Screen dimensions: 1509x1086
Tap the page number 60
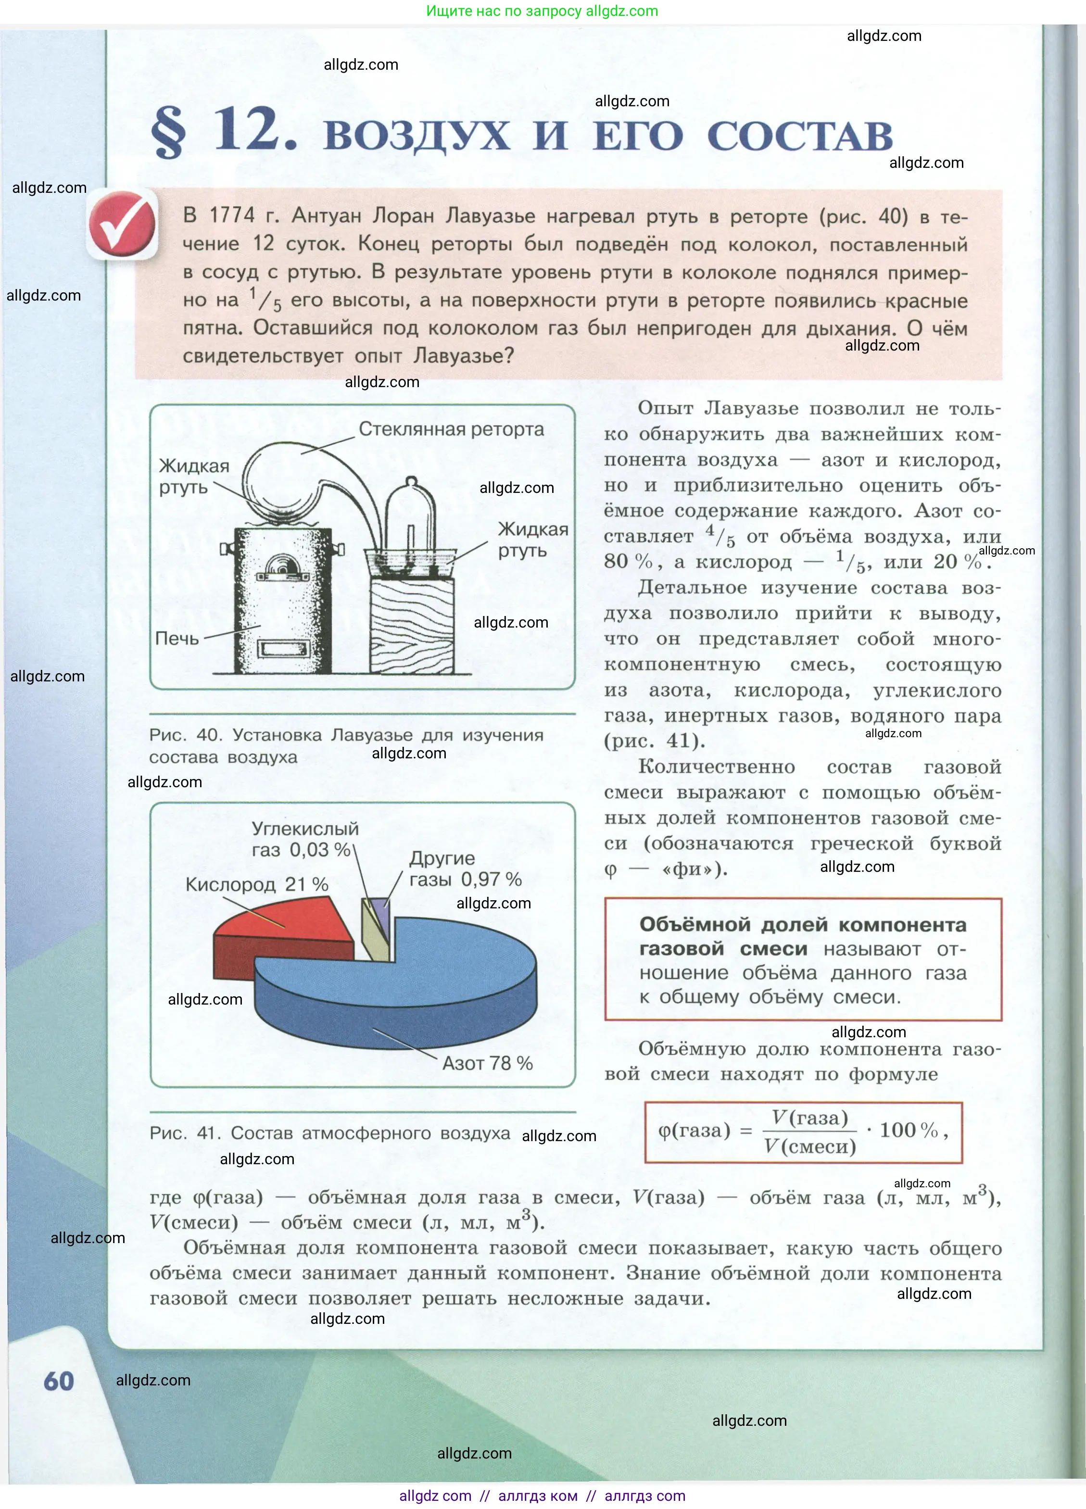tap(59, 1381)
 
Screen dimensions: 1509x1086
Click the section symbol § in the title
tap(168, 132)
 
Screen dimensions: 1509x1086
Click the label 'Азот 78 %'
tap(488, 1063)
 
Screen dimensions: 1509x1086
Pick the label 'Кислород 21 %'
tap(257, 884)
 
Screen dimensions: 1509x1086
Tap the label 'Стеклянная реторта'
tap(451, 429)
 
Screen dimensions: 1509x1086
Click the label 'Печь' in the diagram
tap(177, 639)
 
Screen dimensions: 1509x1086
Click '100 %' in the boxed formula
tap(909, 1130)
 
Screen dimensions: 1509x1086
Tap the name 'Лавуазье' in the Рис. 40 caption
tap(372, 735)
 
